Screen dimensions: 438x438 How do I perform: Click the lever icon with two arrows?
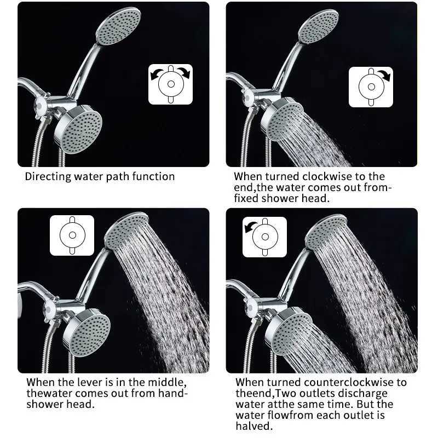coord(170,84)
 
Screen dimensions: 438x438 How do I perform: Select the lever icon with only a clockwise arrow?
coord(371,87)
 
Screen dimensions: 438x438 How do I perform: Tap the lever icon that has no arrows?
coord(72,235)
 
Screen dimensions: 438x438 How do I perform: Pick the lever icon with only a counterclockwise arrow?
coord(265,237)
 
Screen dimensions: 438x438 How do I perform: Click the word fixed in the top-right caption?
coord(247,198)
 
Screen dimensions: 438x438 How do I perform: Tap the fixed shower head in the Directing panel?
coord(79,129)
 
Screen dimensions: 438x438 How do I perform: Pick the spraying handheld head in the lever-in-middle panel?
coord(126,230)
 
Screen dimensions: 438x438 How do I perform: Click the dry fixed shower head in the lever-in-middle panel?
coord(86,332)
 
